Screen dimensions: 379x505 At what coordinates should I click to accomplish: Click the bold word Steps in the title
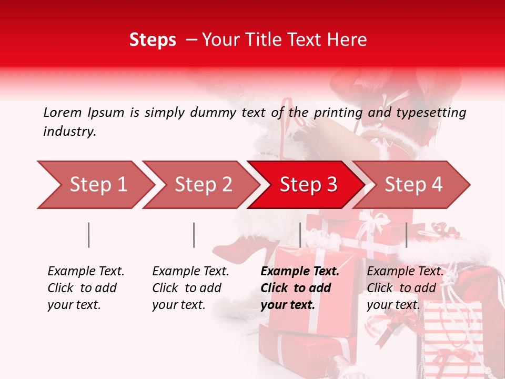tap(153, 40)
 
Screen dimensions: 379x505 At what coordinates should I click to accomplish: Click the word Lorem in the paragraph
tap(62, 112)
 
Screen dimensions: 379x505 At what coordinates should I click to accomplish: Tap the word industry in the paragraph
tap(69, 131)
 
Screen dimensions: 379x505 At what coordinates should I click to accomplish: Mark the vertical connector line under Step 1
tap(89, 235)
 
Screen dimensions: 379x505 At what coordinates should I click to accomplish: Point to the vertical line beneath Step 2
tap(194, 235)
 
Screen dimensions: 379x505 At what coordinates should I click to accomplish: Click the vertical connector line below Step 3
tap(300, 235)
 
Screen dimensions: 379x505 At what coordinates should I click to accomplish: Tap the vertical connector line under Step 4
tap(407, 235)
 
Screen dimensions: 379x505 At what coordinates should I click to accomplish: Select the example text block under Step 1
tap(85, 288)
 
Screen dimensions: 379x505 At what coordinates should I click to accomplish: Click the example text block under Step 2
tap(190, 288)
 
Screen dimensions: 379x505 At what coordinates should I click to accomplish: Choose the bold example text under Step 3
tap(299, 288)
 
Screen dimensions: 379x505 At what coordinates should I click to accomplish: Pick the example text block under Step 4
tap(405, 288)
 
